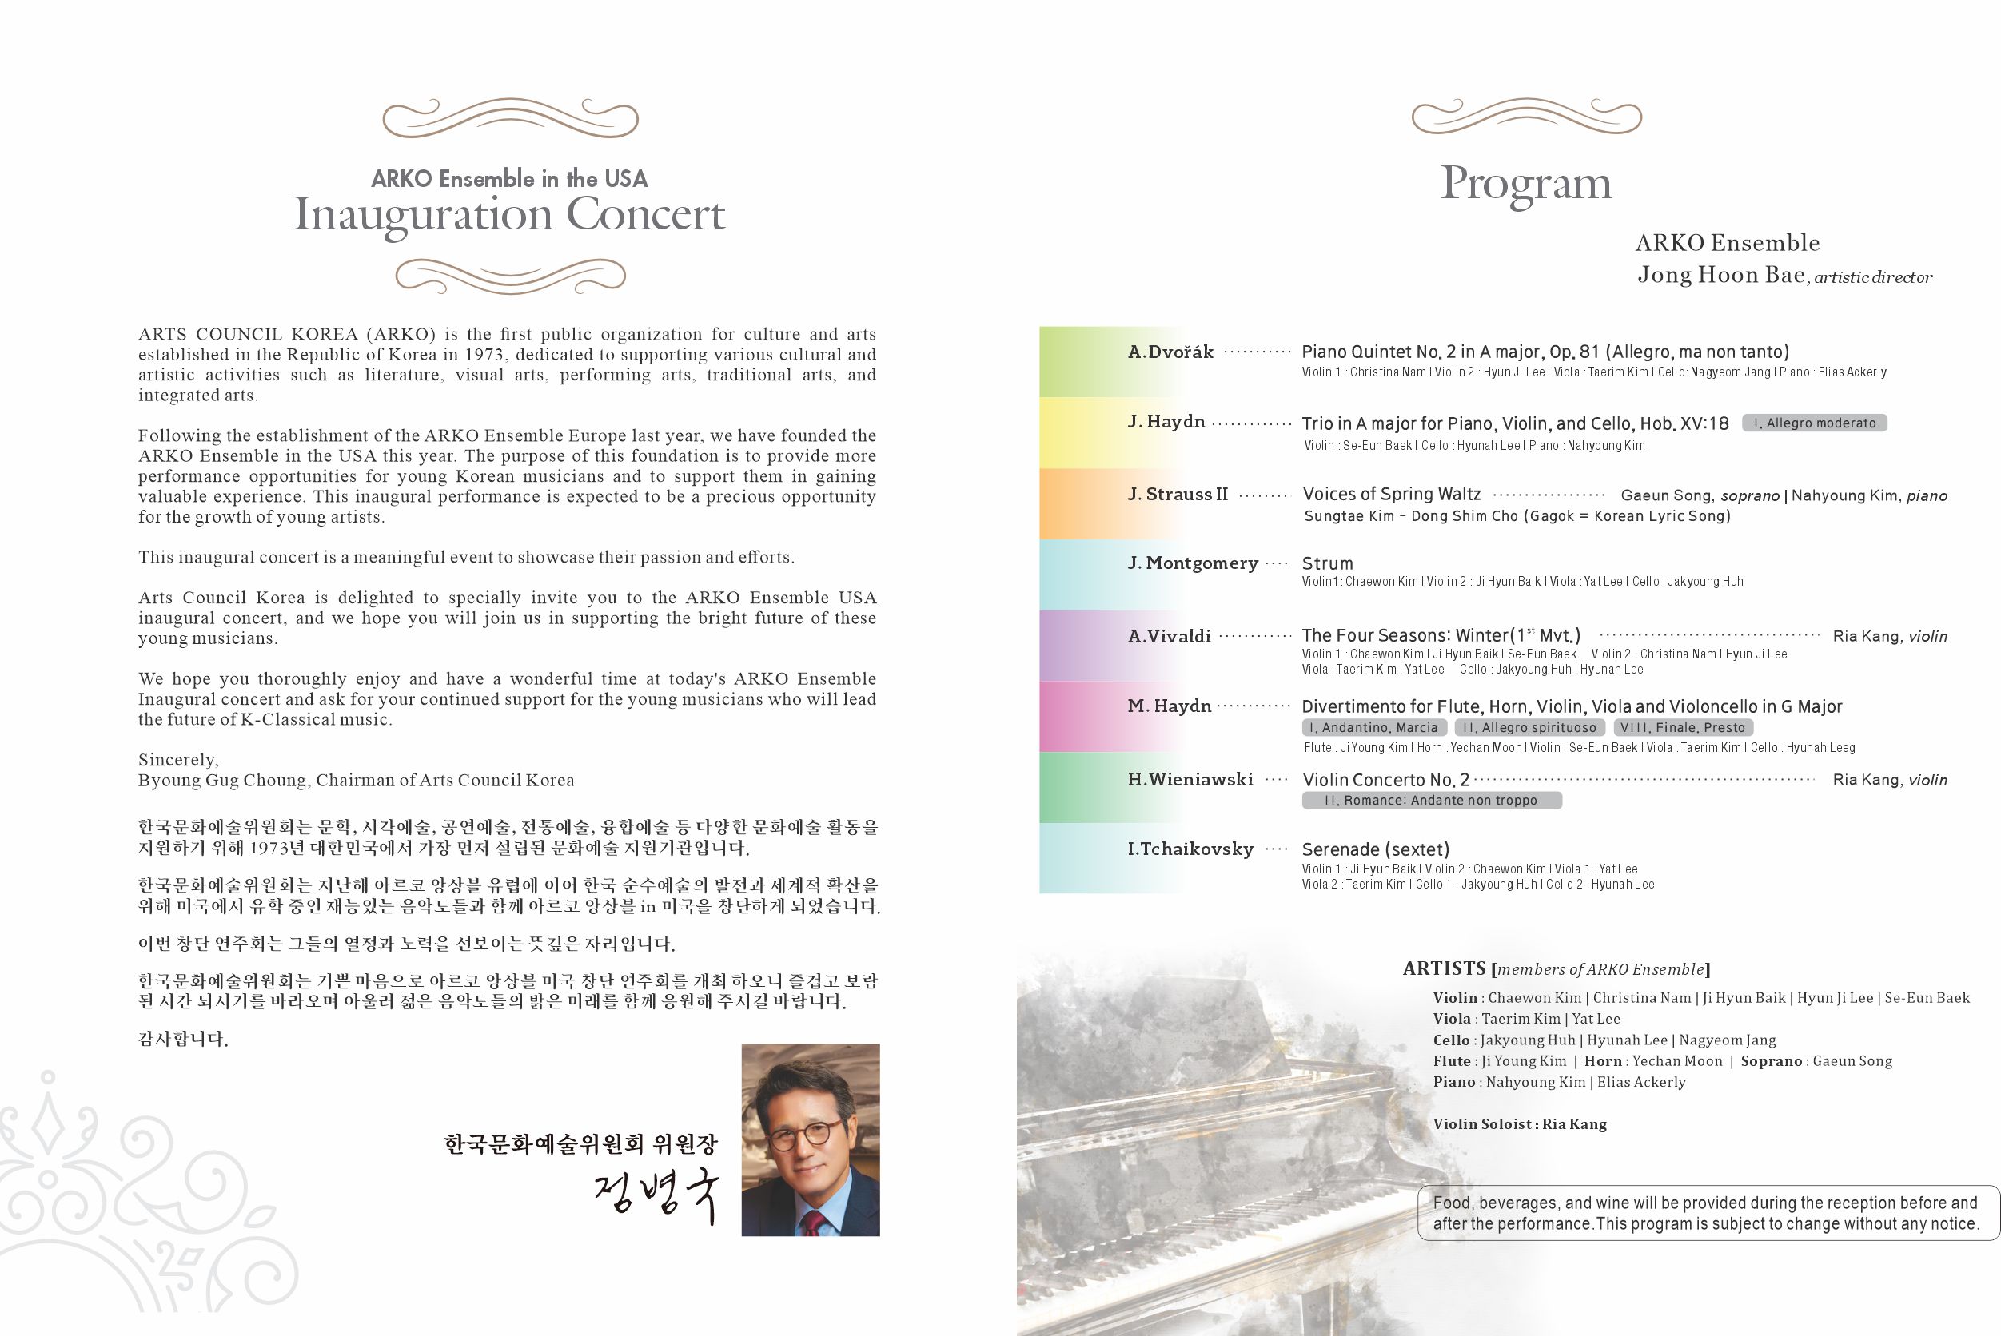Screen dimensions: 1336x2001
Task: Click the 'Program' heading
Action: (x=1525, y=183)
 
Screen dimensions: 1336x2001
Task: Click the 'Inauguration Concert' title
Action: (x=508, y=215)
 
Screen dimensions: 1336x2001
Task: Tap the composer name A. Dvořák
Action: (x=1170, y=352)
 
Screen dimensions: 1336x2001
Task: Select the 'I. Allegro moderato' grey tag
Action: (x=1815, y=423)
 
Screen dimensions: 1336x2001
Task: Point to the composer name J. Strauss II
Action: (x=1178, y=494)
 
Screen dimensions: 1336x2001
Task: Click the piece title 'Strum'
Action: (x=1327, y=563)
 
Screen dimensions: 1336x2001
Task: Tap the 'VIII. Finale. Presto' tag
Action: (x=1682, y=728)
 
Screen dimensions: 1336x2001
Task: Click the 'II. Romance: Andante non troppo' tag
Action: (x=1431, y=800)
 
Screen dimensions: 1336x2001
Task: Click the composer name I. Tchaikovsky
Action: (x=1190, y=849)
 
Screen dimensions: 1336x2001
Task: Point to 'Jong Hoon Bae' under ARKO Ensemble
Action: (x=1721, y=275)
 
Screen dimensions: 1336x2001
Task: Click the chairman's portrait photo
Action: (x=811, y=1139)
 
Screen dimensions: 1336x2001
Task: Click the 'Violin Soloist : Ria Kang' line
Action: (x=1520, y=1123)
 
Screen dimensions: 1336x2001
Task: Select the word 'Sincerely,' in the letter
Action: (x=178, y=759)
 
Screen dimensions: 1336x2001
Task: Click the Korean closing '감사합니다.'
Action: (x=183, y=1039)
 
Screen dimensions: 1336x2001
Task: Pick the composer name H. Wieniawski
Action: (x=1190, y=779)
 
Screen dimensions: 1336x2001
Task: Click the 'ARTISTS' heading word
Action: (x=1444, y=968)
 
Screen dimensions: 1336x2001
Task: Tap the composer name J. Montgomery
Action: (x=1192, y=563)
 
